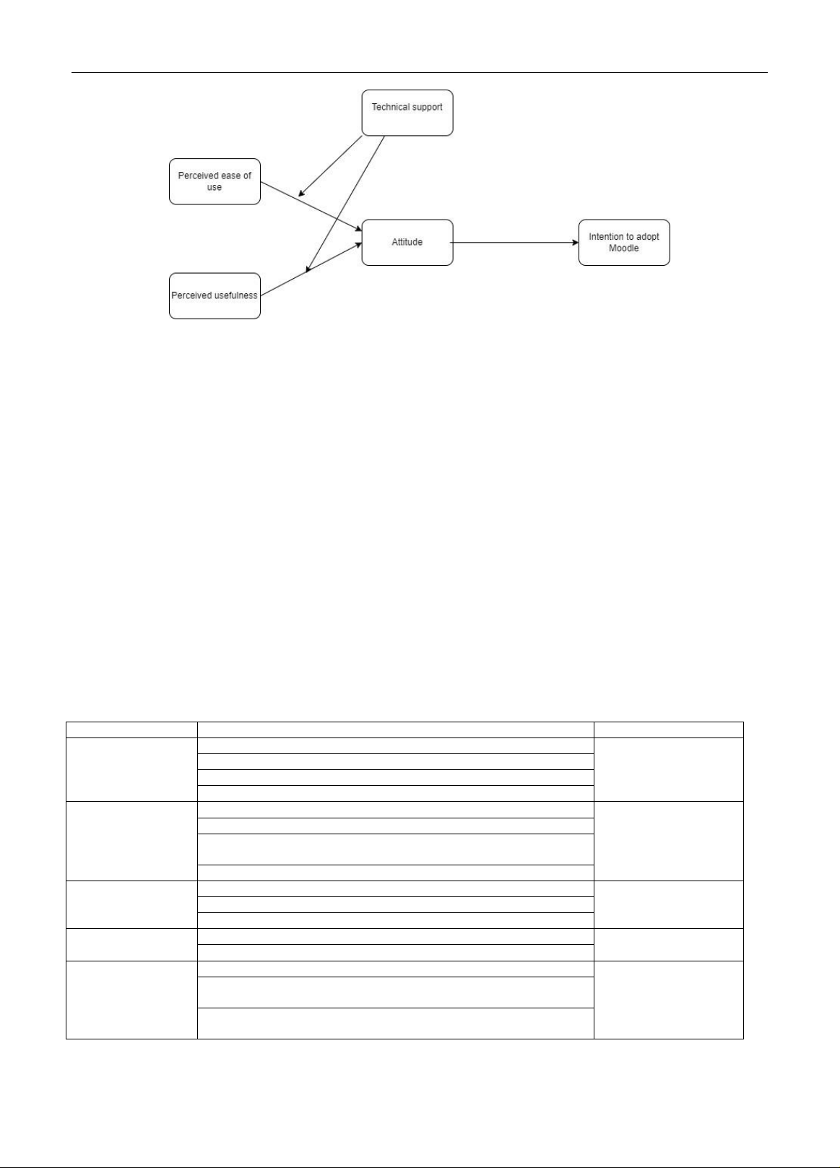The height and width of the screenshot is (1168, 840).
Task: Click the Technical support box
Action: (407, 113)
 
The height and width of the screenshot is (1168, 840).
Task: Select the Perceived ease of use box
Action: (215, 181)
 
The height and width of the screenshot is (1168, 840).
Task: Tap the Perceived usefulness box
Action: (215, 295)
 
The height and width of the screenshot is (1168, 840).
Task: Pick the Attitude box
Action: (407, 243)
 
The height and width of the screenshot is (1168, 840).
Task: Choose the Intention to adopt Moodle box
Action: (624, 243)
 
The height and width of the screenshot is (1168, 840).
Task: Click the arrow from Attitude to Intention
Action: (514, 243)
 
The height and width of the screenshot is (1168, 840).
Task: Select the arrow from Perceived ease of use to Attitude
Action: (311, 206)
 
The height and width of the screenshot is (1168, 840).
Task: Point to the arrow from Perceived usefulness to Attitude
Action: (311, 269)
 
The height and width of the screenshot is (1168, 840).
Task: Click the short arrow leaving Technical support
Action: (330, 166)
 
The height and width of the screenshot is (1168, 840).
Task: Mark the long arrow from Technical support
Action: (345, 204)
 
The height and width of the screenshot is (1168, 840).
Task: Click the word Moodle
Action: (623, 248)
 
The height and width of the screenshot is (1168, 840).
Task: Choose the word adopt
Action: (648, 237)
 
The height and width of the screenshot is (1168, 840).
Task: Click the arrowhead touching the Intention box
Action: (575, 243)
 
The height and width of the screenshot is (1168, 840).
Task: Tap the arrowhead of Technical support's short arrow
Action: (301, 194)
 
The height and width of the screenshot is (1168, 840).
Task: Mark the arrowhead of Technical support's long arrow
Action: (308, 269)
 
